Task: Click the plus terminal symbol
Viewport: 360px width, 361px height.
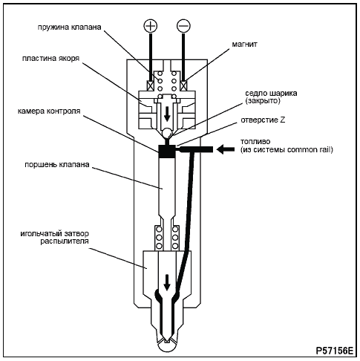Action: pos(151,25)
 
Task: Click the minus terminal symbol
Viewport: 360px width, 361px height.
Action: pos(183,25)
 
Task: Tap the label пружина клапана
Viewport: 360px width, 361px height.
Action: pos(70,27)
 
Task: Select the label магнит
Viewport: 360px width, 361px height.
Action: pos(244,45)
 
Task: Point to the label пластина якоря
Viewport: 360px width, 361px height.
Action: pos(50,59)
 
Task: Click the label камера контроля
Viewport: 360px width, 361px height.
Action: pos(49,111)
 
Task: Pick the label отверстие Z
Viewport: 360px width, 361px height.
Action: pos(263,120)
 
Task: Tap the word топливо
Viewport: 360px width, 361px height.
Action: pos(255,142)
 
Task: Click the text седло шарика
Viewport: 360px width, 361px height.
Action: pos(271,94)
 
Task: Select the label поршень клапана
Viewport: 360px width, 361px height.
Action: pos(57,165)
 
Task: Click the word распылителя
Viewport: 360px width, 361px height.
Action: pos(65,241)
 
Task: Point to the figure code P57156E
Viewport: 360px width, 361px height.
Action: pos(335,351)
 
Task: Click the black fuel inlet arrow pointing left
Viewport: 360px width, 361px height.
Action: pos(225,149)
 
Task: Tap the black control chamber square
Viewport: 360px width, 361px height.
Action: pos(166,152)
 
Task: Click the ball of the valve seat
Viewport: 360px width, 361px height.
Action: pos(167,132)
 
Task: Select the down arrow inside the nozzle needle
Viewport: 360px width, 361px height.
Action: pos(167,282)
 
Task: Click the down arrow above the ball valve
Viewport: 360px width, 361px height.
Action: pos(167,114)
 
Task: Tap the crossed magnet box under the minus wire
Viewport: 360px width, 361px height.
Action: pos(183,86)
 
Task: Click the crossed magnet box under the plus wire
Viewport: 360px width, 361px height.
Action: pos(151,86)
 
